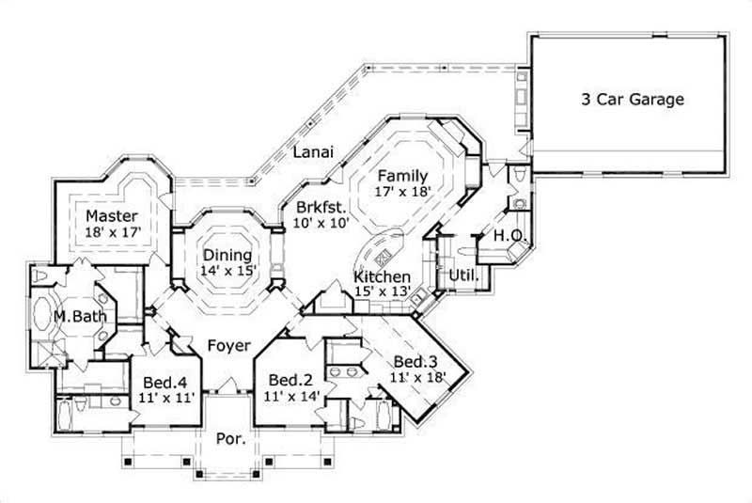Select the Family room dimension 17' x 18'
pyautogui.click(x=402, y=191)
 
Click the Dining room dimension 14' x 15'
pyautogui.click(x=227, y=271)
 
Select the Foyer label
pyautogui.click(x=228, y=345)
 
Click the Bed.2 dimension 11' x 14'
pyautogui.click(x=290, y=396)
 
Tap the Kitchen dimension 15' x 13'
pyautogui.click(x=382, y=292)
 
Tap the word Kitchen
pyautogui.click(x=382, y=277)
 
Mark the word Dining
pyautogui.click(x=227, y=255)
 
